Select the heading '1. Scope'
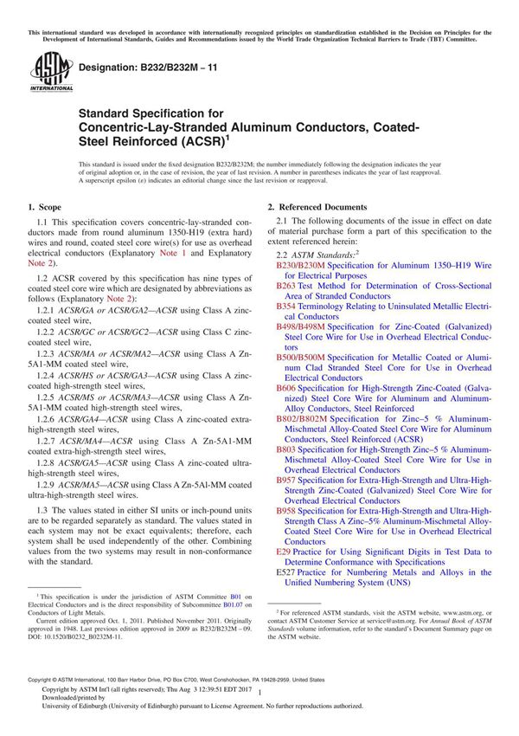pyautogui.click(x=44, y=208)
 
